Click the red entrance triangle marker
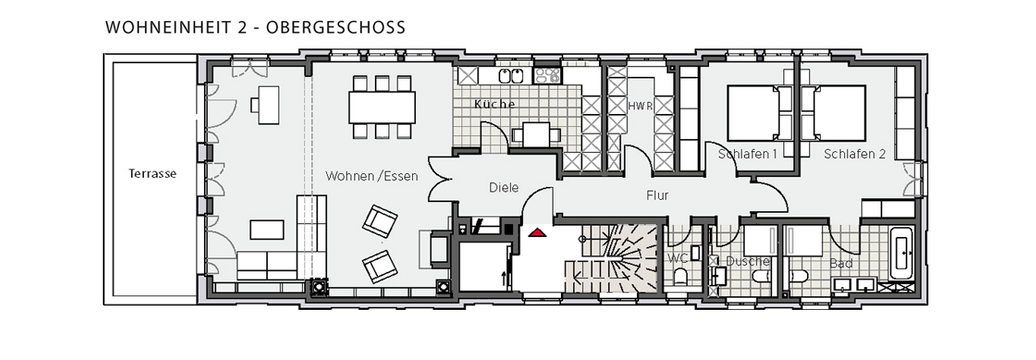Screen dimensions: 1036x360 coord(537,232)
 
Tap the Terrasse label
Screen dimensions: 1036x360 coord(152,174)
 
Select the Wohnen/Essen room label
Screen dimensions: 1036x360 coord(372,176)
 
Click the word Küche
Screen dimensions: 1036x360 coord(495,104)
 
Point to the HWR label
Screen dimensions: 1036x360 coord(640,106)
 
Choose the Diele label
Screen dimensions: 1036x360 coord(503,188)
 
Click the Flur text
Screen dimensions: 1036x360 coord(657,196)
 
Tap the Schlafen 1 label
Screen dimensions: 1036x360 coord(747,154)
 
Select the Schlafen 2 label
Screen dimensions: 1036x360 coord(854,154)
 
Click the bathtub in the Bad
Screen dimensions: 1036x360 coord(901,253)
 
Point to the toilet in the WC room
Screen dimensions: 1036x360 coord(681,277)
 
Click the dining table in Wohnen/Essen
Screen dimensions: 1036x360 coord(381,108)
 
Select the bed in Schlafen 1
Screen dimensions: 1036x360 coord(753,112)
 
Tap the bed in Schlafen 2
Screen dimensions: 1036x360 coord(839,112)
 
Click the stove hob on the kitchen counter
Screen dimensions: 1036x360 coord(547,75)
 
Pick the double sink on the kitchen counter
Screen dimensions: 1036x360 coord(511,76)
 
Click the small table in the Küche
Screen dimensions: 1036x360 coord(536,135)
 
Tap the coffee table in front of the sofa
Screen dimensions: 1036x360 coord(267,230)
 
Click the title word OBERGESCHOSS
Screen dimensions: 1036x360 coord(336,28)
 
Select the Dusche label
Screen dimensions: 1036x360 coord(747,261)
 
